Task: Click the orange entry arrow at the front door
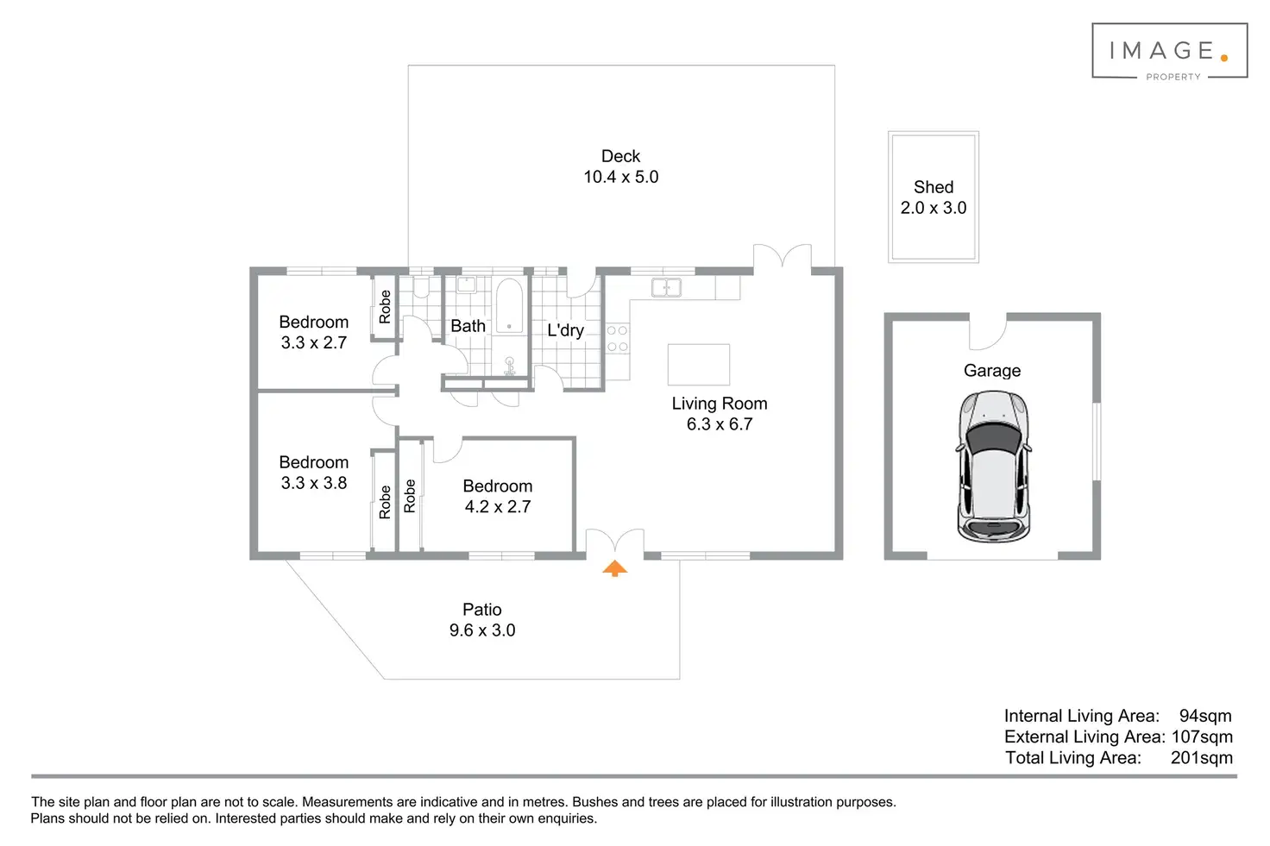click(614, 568)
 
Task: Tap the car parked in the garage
click(993, 467)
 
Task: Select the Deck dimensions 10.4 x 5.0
click(621, 177)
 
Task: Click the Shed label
click(934, 187)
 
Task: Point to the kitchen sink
click(666, 288)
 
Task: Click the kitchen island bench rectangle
click(699, 364)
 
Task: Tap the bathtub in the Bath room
click(509, 305)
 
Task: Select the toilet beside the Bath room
click(421, 286)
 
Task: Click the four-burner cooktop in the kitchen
click(617, 338)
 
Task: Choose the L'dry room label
click(565, 330)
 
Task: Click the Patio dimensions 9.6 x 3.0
click(482, 630)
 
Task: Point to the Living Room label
click(720, 404)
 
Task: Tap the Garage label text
click(992, 371)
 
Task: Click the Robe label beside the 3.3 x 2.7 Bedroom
click(385, 306)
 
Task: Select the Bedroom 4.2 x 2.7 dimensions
click(498, 506)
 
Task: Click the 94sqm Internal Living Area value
click(1205, 716)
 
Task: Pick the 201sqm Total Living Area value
click(1201, 757)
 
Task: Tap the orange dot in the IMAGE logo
click(1224, 58)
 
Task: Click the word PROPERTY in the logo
click(1173, 77)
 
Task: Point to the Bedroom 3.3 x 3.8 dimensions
click(313, 483)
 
